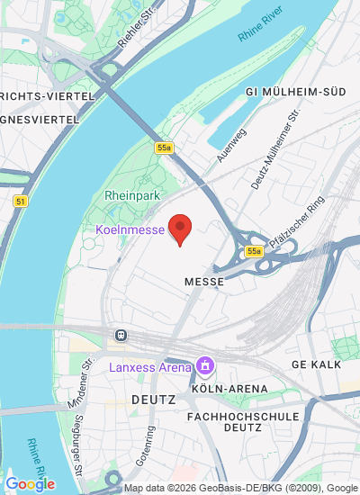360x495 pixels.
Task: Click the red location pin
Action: pyautogui.click(x=181, y=229)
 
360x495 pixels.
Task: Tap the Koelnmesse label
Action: pyautogui.click(x=130, y=229)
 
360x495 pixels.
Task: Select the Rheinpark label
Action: pyautogui.click(x=132, y=194)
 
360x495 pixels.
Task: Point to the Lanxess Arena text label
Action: pyautogui.click(x=150, y=367)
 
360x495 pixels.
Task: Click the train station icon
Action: pyautogui.click(x=119, y=336)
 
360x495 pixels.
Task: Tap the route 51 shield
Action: pyautogui.click(x=20, y=202)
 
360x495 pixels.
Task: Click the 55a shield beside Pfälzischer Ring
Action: pyautogui.click(x=255, y=251)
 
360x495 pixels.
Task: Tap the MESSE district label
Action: pyautogui.click(x=202, y=282)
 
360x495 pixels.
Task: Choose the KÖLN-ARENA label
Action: pyautogui.click(x=229, y=389)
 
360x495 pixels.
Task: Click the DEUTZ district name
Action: pyautogui.click(x=153, y=397)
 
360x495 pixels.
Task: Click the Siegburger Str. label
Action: pyautogui.click(x=78, y=454)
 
